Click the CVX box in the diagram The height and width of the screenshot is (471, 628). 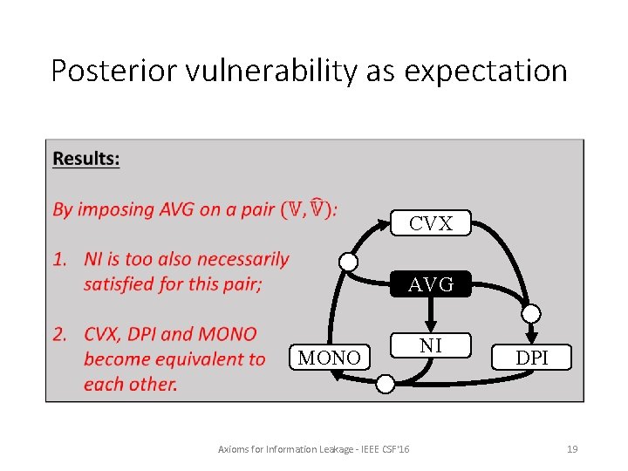click(431, 224)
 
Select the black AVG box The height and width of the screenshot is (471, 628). click(431, 284)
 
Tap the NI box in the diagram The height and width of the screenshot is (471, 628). click(431, 346)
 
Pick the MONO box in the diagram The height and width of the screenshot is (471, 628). click(329, 358)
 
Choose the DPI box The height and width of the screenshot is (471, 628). click(531, 358)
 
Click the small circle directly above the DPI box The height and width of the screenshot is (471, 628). click(531, 314)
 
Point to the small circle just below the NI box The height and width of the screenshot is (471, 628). click(386, 382)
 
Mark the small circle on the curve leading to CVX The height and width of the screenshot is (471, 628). click(348, 262)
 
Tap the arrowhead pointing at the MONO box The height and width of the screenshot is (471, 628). click(338, 375)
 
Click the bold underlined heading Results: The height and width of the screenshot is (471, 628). click(86, 159)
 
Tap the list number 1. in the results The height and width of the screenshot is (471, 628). click(61, 259)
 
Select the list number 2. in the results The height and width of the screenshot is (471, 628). click(61, 334)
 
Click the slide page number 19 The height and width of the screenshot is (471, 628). click(572, 449)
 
